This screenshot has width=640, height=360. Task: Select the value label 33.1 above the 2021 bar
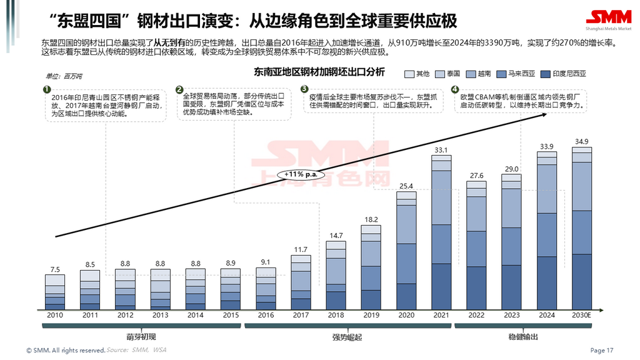[441, 150]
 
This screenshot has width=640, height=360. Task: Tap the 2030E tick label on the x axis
[581, 316]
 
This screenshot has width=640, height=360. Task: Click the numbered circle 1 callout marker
[47, 89]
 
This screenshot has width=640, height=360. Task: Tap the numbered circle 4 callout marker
[454, 89]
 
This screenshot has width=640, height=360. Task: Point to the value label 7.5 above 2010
[55, 270]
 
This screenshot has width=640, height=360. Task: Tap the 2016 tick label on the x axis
[265, 316]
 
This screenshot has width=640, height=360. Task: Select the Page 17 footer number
[602, 351]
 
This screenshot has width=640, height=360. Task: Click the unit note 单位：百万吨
[64, 76]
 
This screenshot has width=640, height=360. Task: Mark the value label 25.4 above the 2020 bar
[406, 186]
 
